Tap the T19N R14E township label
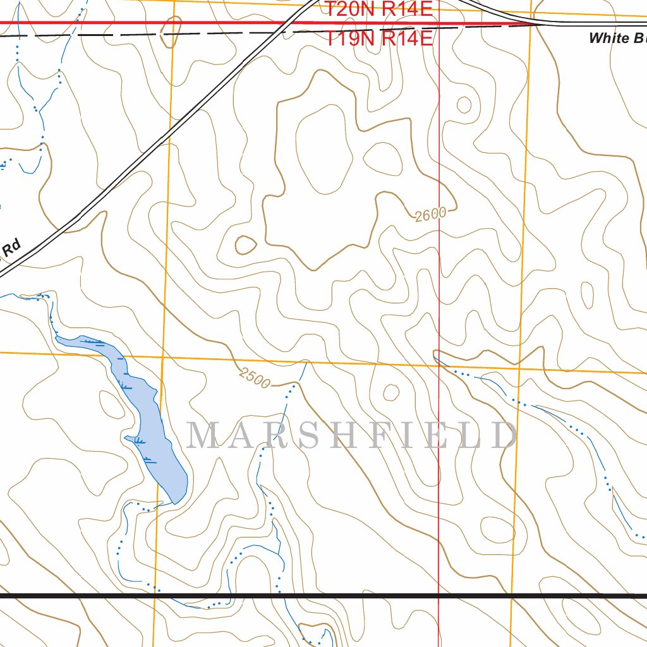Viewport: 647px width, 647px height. coord(379,38)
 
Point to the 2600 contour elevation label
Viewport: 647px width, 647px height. coord(431,215)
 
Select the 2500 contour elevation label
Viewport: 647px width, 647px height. coord(255,378)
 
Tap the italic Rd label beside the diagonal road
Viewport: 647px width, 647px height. coord(11,247)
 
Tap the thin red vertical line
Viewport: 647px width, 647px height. coord(439,284)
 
